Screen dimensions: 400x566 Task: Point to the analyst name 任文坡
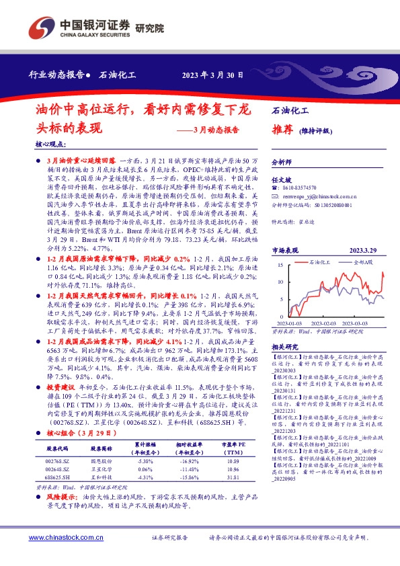[281, 181]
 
